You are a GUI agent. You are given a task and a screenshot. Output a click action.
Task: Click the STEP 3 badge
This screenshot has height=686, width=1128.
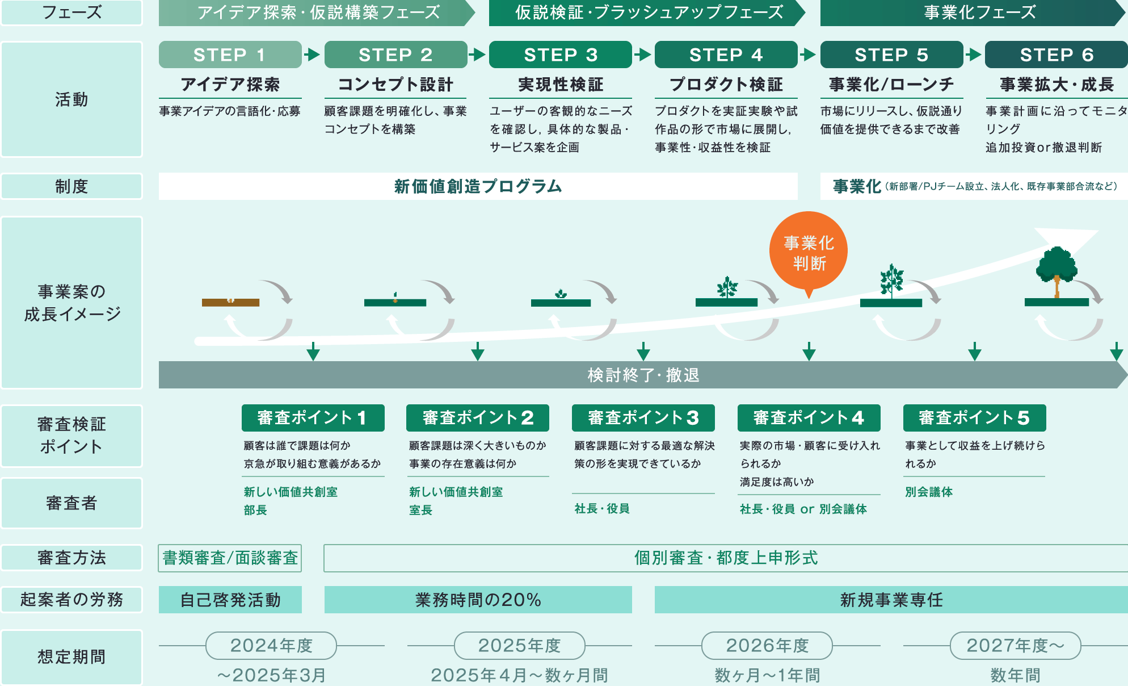560,55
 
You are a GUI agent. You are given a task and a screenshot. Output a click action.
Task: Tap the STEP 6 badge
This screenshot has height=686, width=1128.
1056,55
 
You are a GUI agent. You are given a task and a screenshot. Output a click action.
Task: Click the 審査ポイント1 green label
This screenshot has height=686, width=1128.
313,418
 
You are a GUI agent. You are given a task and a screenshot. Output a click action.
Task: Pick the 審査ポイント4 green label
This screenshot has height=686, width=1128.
809,418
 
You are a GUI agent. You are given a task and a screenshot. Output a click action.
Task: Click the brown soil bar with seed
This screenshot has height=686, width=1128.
230,302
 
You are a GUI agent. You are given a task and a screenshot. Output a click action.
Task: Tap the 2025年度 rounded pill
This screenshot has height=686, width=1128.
519,646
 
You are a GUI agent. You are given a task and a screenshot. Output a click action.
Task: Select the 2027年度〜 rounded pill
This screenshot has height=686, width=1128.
1015,646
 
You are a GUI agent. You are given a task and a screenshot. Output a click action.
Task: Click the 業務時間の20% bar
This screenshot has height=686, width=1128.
478,600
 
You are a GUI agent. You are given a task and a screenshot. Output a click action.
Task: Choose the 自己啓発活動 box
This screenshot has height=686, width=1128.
230,600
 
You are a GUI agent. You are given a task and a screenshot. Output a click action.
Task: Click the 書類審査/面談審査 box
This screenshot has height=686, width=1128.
230,558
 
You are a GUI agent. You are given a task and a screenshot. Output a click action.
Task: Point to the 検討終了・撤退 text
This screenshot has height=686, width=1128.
643,375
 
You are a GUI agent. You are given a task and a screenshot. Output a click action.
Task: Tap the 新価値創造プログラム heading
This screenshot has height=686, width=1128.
478,186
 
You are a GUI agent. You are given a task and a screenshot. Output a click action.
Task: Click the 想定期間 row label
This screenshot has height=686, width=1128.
71,657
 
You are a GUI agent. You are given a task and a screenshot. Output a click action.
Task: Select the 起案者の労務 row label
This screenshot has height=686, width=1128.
71,600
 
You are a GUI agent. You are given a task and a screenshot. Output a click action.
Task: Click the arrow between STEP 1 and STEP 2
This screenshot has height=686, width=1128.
312,55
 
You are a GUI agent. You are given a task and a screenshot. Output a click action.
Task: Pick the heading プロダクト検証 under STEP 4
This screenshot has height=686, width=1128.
726,85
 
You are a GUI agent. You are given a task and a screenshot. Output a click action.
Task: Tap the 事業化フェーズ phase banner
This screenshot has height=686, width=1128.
980,12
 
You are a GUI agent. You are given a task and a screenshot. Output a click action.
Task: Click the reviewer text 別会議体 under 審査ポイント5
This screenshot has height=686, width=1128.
929,492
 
